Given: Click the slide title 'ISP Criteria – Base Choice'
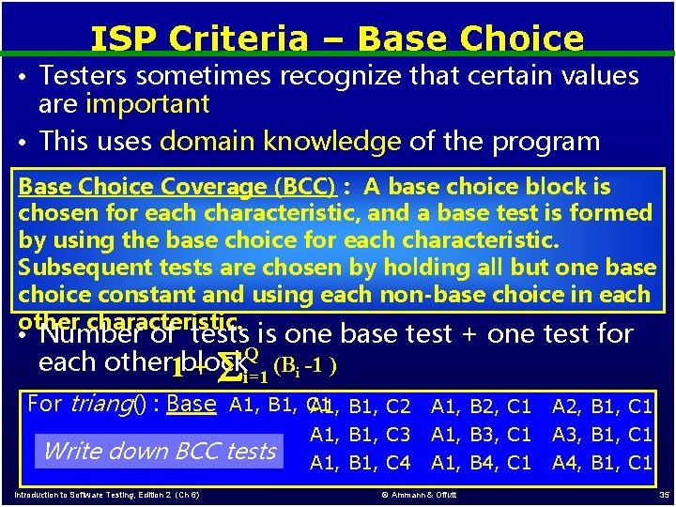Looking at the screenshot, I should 337,38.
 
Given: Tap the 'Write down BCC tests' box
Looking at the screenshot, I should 160,451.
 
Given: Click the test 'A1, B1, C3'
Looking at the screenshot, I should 361,435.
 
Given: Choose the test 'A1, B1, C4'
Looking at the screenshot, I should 361,463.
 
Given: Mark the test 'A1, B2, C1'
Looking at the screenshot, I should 481,407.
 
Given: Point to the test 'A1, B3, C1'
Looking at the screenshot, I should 481,435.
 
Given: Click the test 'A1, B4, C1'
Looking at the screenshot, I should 481,463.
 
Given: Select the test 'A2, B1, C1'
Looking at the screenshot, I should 602,407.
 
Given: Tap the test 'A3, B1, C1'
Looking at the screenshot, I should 602,435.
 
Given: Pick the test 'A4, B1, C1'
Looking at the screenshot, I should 602,463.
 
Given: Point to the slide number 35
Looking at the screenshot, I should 663,494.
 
